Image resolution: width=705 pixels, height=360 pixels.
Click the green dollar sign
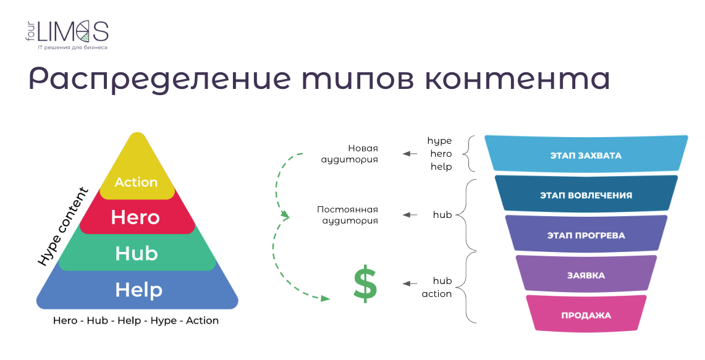[365, 284]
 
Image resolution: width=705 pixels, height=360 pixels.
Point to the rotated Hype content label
[62, 227]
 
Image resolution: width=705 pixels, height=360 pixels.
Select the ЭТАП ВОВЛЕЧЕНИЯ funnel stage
[586, 194]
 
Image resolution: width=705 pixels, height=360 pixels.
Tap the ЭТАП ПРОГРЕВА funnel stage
[586, 233]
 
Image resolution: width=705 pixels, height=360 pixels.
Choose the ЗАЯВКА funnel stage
[586, 274]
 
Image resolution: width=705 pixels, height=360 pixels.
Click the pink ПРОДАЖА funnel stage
[586, 314]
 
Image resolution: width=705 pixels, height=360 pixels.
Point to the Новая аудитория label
[349, 154]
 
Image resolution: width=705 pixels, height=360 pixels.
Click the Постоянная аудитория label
[347, 215]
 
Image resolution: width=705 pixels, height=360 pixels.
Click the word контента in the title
[517, 79]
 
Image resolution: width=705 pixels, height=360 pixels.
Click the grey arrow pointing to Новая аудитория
[410, 154]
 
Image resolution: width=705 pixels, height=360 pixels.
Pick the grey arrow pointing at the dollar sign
[410, 283]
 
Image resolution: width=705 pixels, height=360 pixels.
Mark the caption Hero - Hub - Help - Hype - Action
[136, 320]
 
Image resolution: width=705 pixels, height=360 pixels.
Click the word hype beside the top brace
[439, 141]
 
